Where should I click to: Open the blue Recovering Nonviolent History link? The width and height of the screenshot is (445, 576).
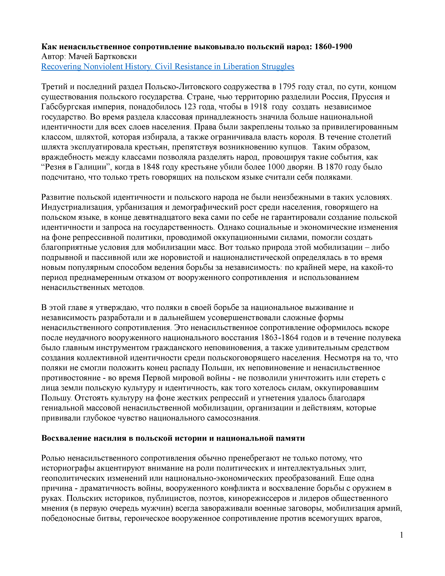[168, 67]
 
